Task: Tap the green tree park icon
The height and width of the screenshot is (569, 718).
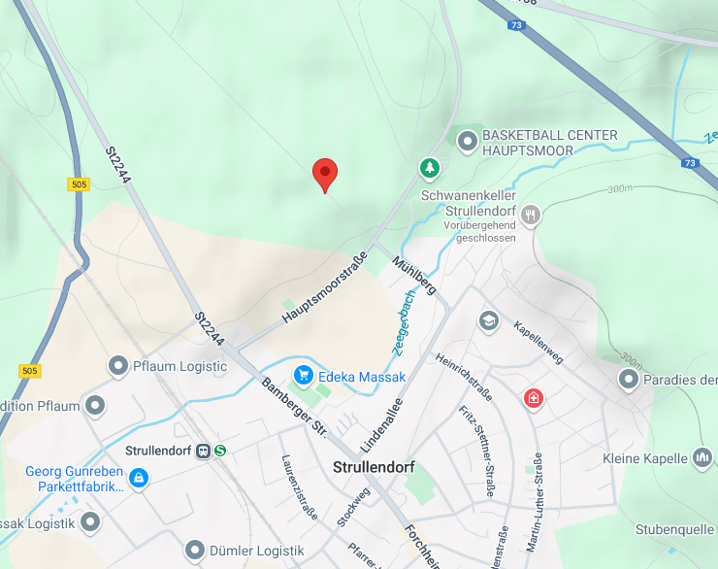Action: tap(429, 169)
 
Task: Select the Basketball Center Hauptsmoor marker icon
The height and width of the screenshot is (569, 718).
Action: tap(468, 142)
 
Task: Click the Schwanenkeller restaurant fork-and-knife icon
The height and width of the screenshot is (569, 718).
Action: tap(530, 214)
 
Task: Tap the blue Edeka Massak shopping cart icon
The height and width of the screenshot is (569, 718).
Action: tap(304, 376)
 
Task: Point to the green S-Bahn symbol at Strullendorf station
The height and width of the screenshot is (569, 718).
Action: tap(221, 451)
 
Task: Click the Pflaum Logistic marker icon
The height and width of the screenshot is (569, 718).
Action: tap(118, 366)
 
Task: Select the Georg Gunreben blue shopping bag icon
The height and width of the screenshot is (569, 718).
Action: tap(140, 477)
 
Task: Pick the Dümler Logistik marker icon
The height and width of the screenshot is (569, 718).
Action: tap(195, 551)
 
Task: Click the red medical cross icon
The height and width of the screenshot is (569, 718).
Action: tap(533, 397)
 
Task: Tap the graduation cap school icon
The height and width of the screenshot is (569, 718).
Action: tap(489, 320)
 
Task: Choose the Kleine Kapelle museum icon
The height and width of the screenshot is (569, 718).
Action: tap(703, 457)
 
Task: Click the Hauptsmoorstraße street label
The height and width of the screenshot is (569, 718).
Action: tap(324, 287)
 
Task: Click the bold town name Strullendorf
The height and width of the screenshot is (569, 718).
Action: tap(374, 467)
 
